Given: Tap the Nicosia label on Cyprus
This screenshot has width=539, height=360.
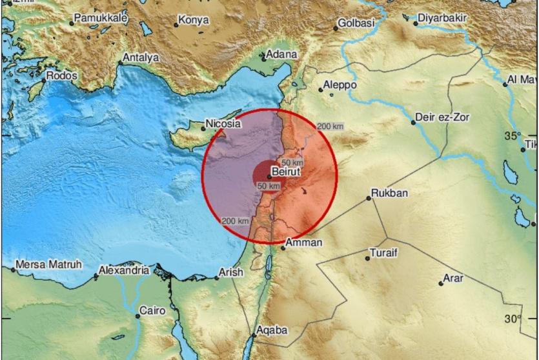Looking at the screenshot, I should pyautogui.click(x=223, y=123).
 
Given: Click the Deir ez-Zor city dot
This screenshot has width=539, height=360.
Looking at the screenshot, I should pyautogui.click(x=413, y=123).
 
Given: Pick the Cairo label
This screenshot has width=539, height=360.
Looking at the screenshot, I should pyautogui.click(x=154, y=311).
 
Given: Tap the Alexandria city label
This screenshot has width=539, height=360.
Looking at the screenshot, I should pyautogui.click(x=124, y=270).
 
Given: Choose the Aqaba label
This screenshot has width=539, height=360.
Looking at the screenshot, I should pyautogui.click(x=271, y=330).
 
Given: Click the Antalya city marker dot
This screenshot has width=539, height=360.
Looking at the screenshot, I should pyautogui.click(x=121, y=63).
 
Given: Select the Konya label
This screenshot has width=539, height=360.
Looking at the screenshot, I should pyautogui.click(x=194, y=21).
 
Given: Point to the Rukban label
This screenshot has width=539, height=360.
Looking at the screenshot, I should pyautogui.click(x=389, y=193).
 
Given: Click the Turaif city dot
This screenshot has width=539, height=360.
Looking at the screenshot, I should pyautogui.click(x=368, y=258).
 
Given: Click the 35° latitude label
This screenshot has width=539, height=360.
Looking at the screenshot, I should pyautogui.click(x=513, y=136).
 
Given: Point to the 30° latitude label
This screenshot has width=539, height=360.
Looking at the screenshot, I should pyautogui.click(x=513, y=319).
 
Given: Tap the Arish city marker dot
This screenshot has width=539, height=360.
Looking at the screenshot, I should pyautogui.click(x=217, y=278).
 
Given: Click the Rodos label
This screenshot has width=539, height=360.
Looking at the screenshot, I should pyautogui.click(x=61, y=76).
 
